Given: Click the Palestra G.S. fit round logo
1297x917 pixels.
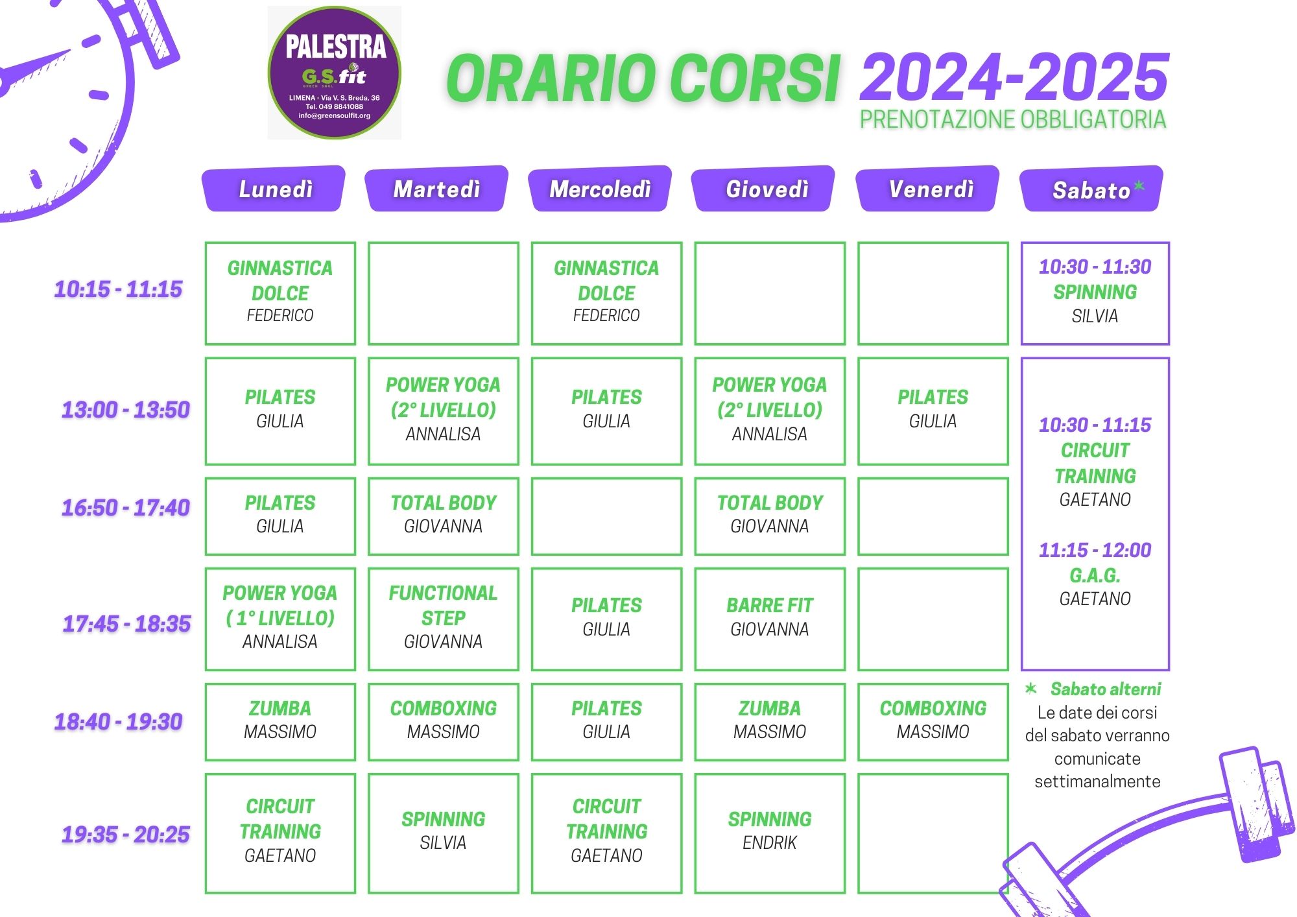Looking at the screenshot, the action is click(x=335, y=73).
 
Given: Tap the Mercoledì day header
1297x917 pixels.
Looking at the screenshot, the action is click(x=601, y=189).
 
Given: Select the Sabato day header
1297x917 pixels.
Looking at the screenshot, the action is click(x=1091, y=189).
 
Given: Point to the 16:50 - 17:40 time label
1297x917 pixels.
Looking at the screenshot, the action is click(x=126, y=508).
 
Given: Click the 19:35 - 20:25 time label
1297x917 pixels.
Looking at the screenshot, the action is click(x=126, y=834).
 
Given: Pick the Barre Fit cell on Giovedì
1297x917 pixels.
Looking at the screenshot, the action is click(x=770, y=619).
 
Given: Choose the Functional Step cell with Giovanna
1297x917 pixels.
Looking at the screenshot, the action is click(x=444, y=619).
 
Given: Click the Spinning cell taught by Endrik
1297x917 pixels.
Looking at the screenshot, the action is click(x=770, y=833).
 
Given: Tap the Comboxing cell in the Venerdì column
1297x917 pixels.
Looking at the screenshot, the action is click(x=933, y=721).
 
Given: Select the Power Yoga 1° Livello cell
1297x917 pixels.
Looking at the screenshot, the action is click(x=280, y=619).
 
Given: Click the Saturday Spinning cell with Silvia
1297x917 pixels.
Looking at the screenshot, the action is click(x=1095, y=293).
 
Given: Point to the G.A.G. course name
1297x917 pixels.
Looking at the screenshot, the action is click(x=1095, y=575).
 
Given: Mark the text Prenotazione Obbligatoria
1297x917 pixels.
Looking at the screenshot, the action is click(x=1013, y=119).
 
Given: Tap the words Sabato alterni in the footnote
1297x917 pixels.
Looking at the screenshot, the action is click(x=1106, y=689).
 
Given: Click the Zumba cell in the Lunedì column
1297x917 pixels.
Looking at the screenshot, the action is click(x=280, y=721).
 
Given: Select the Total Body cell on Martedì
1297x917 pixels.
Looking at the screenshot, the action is click(x=444, y=516).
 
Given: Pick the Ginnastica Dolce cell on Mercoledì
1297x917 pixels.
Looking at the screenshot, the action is click(x=606, y=293).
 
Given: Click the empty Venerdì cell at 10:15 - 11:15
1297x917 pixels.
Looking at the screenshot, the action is click(x=933, y=293).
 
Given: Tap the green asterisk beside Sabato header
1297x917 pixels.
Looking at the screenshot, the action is click(x=1139, y=187).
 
